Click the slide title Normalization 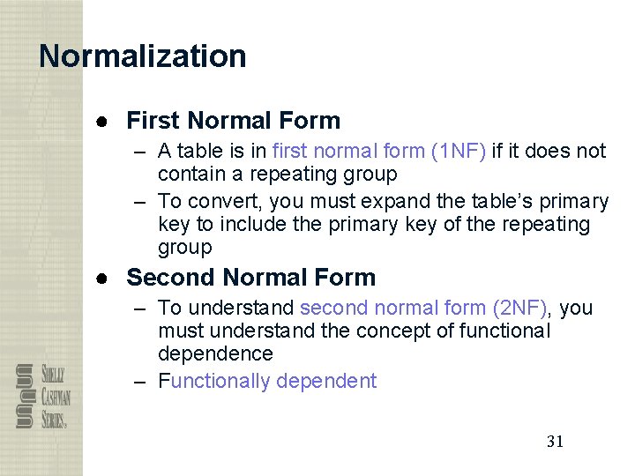(143, 56)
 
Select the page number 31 (555, 442)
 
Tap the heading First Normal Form (234, 121)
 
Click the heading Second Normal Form (251, 278)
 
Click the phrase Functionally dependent (267, 382)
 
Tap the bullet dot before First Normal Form (103, 122)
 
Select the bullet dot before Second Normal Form (103, 279)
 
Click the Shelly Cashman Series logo (42, 396)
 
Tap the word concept (391, 331)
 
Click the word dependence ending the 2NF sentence (215, 354)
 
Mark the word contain (189, 174)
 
